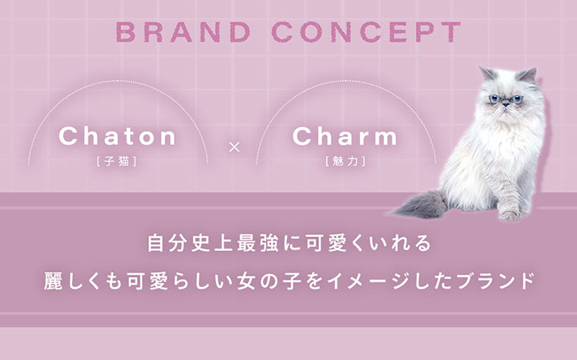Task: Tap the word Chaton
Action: pos(118,136)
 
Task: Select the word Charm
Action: pos(345,136)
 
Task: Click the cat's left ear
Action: pos(486,75)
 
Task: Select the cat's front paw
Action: pos(510,214)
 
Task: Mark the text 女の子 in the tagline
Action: pos(272,281)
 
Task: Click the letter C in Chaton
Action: pos(67,136)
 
